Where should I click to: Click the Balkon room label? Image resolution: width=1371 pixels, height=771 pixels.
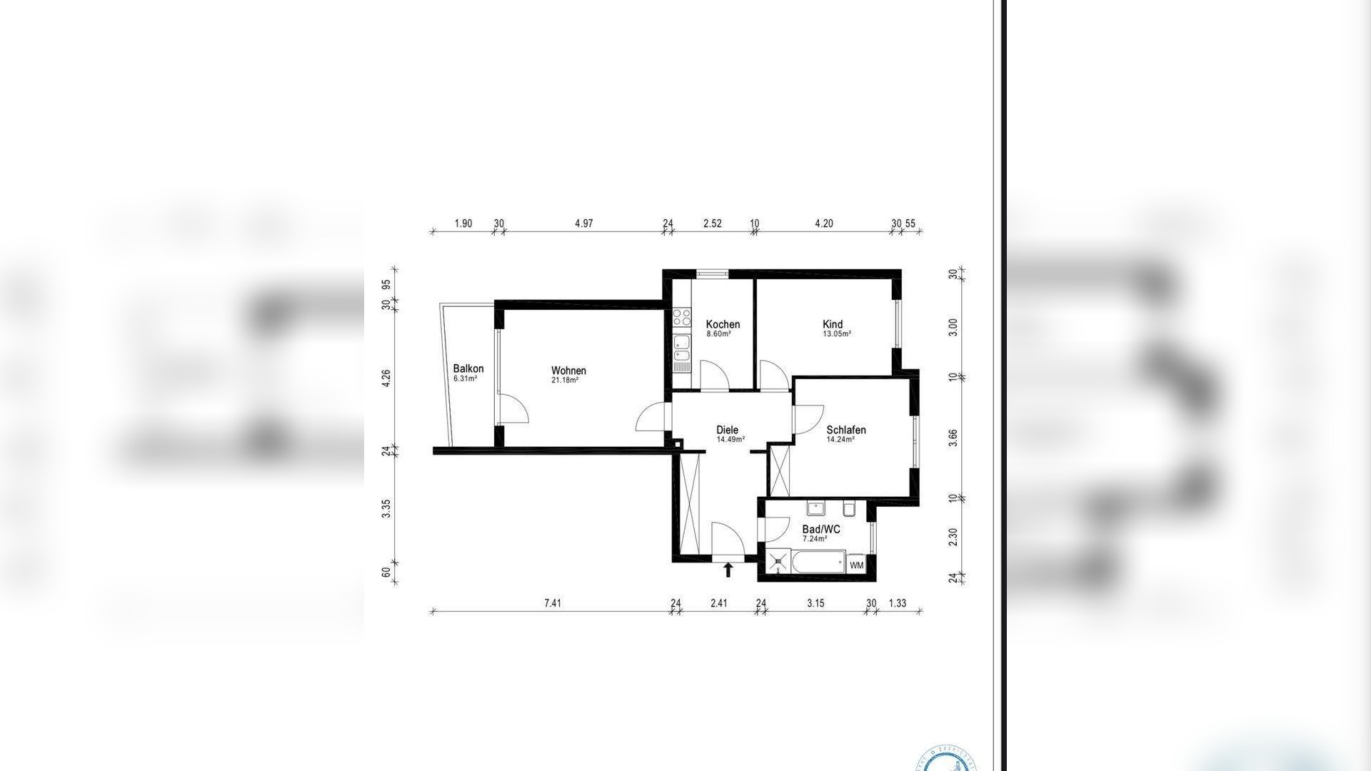468,369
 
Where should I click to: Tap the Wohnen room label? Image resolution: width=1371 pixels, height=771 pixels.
568,371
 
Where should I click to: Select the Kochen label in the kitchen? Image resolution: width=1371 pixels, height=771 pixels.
723,324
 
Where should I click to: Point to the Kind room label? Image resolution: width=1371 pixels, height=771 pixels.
833,324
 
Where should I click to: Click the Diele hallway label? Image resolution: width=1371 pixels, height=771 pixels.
727,430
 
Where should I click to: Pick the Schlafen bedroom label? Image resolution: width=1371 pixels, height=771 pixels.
846,430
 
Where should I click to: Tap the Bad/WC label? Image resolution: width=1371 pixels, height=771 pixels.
821,529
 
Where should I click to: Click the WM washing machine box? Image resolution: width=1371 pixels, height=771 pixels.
857,565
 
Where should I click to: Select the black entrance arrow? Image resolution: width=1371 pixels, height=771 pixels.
728,569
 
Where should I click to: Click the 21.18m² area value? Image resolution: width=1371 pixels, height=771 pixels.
564,381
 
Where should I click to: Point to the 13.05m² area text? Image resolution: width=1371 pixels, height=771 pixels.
837,334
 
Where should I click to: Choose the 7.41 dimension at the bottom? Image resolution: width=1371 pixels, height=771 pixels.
553,603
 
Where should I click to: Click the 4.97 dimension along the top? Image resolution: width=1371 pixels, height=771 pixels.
584,223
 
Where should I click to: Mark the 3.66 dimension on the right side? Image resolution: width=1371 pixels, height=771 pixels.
952,438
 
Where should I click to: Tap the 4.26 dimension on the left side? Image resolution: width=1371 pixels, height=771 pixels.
386,378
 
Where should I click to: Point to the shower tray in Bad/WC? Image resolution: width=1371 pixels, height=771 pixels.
778,561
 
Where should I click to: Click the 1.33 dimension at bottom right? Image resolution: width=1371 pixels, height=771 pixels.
897,603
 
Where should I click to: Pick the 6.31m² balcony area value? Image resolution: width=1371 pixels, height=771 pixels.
465,379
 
